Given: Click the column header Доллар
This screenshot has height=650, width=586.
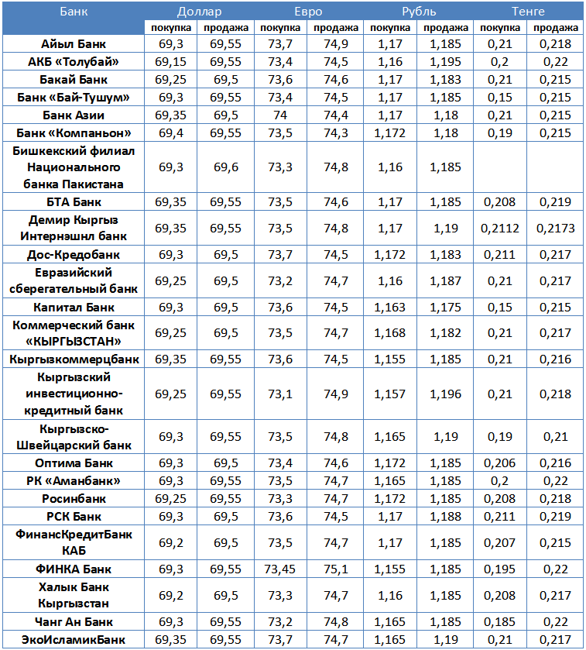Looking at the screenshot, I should pyautogui.click(x=198, y=12).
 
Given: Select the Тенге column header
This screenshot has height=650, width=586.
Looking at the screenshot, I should pyautogui.click(x=528, y=12).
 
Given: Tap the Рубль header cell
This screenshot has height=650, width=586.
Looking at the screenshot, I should pyautogui.click(x=418, y=12).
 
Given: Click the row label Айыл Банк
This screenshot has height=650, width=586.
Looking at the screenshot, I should pyautogui.click(x=74, y=44).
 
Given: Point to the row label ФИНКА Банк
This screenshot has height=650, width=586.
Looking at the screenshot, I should pyautogui.click(x=74, y=569).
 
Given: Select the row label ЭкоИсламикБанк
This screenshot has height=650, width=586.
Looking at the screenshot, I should pyautogui.click(x=74, y=639).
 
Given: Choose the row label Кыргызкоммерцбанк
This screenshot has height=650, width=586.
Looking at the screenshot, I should pyautogui.click(x=74, y=359).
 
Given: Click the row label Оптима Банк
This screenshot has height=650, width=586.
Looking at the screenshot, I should pyautogui.click(x=74, y=463).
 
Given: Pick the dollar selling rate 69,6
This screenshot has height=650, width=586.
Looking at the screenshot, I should pyautogui.click(x=225, y=167).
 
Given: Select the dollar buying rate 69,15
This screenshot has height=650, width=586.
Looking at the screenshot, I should pyautogui.click(x=170, y=62).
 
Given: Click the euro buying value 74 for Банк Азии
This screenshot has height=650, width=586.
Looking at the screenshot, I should pyautogui.click(x=280, y=115).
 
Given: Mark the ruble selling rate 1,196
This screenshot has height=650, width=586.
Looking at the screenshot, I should pyautogui.click(x=446, y=394).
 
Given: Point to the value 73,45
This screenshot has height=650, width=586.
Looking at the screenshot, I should pyautogui.click(x=280, y=569).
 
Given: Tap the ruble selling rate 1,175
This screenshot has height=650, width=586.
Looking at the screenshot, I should pyautogui.click(x=446, y=307).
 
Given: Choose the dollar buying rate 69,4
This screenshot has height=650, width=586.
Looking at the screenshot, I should pyautogui.click(x=170, y=132).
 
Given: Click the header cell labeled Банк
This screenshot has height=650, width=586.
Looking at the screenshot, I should pyautogui.click(x=74, y=12).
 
